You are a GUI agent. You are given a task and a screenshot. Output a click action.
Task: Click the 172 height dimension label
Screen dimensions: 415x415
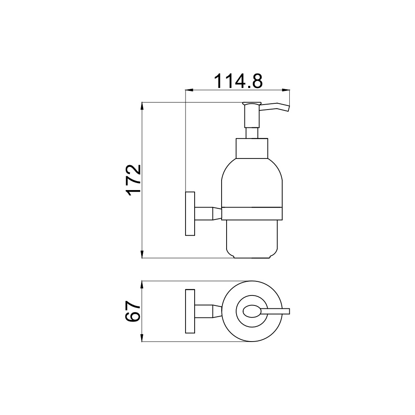134,180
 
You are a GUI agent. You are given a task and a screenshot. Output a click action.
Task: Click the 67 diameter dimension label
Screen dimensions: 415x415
133,311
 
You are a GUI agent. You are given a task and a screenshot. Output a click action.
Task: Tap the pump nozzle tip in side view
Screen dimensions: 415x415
288,108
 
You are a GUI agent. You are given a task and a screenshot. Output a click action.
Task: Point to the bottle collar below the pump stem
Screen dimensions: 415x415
252,149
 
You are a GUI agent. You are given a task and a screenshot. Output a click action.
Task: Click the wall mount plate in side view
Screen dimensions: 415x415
190,213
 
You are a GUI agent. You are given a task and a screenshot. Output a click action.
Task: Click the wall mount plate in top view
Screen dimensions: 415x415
190,311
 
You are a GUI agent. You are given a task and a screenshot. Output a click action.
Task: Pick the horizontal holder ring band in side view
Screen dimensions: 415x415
252,213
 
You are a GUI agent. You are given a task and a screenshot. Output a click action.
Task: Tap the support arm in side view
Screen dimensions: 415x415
208,213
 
